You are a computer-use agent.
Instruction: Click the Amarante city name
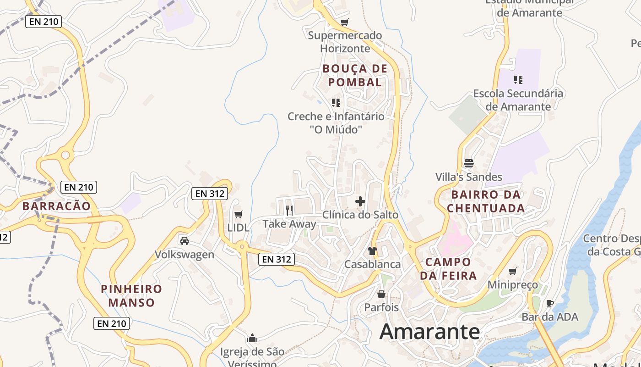click(x=429, y=331)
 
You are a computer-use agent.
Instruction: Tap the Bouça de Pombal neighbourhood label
click(x=355, y=76)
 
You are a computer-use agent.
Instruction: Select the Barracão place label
click(x=57, y=206)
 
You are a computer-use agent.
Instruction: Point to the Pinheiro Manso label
click(x=131, y=296)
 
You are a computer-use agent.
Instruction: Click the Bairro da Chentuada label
click(x=486, y=201)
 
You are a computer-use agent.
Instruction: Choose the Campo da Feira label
click(x=448, y=269)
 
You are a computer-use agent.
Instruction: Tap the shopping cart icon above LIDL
click(x=238, y=214)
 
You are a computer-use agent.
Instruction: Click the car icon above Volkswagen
click(x=185, y=241)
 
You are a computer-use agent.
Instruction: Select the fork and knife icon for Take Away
click(x=289, y=210)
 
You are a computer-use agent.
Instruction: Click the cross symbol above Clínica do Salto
click(x=360, y=201)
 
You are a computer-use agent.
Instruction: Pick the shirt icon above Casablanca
click(x=372, y=251)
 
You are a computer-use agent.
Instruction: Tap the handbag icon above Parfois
click(x=381, y=294)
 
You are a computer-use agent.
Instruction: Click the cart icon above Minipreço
click(x=513, y=271)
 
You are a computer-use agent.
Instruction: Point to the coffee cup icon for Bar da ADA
click(x=550, y=303)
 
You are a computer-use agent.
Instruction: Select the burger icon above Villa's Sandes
click(x=468, y=163)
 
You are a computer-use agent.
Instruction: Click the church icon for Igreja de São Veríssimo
click(x=252, y=339)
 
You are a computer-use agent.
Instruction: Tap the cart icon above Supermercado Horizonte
click(x=345, y=22)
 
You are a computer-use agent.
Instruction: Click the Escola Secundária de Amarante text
click(x=518, y=100)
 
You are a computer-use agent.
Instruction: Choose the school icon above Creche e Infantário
click(x=336, y=102)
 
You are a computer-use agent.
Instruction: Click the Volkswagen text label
click(x=184, y=255)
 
